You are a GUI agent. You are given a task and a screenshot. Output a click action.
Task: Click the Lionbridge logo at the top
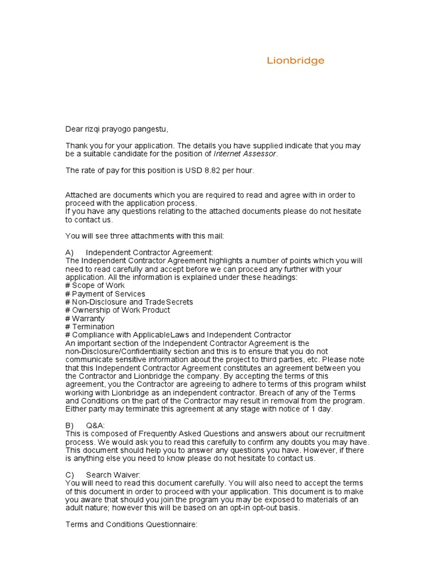coord(295,61)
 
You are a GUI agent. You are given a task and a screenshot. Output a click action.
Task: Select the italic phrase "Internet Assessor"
coord(245,154)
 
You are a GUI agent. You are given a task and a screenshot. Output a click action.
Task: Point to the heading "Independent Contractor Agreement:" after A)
coord(150,252)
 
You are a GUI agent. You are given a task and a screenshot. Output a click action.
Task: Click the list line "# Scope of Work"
coord(95,286)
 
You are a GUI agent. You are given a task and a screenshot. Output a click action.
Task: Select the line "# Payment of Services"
coord(105,294)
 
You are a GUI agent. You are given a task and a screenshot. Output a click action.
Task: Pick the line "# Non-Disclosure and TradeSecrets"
coord(129,302)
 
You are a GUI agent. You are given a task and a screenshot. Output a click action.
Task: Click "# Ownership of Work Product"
coord(118,310)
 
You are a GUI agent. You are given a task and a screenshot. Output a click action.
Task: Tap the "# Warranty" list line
coord(85,318)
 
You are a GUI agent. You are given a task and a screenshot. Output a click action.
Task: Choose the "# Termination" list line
coord(90,327)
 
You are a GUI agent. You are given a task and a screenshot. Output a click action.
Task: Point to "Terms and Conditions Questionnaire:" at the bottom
coord(131,524)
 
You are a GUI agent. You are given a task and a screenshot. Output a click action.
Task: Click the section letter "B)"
coord(70,425)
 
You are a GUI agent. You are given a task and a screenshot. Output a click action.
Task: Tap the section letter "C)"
coord(70,475)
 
